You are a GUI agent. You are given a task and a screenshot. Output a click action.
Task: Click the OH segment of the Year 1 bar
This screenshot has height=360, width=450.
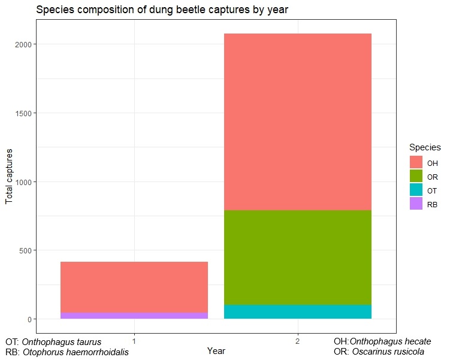tap(134, 287)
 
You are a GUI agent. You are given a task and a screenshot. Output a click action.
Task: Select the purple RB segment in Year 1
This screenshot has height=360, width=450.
tap(134, 315)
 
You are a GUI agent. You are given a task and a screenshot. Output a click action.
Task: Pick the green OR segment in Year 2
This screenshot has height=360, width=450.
tap(298, 258)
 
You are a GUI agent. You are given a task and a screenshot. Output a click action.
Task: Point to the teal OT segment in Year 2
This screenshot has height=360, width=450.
tap(298, 311)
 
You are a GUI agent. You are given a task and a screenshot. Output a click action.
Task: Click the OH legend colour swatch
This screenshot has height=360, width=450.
tap(416, 162)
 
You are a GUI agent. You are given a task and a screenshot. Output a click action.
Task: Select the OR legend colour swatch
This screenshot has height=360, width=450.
tap(416, 176)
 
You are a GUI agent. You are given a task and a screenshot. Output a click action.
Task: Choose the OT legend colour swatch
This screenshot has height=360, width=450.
tap(416, 190)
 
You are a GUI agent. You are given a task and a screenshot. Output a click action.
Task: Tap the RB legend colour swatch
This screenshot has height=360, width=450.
tap(416, 204)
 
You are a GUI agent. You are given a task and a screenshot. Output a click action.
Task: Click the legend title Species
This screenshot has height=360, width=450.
tap(425, 147)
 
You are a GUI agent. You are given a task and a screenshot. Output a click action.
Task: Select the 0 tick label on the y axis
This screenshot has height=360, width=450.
tap(29, 319)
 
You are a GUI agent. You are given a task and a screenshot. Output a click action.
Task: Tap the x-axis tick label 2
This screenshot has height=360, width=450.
tap(298, 341)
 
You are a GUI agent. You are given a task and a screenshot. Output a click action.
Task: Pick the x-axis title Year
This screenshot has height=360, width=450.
tap(216, 351)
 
